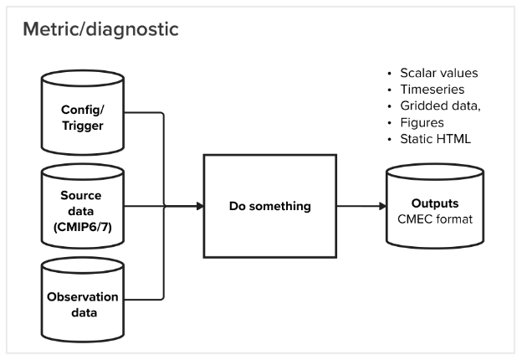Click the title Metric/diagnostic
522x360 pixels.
pyautogui.click(x=100, y=30)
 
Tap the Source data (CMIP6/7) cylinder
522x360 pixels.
pyautogui.click(x=82, y=206)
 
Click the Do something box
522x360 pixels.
pyautogui.click(x=269, y=206)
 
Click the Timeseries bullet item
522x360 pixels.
pyautogui.click(x=427, y=89)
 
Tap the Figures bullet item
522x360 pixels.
pyautogui.click(x=420, y=121)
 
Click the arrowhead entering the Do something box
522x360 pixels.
pyautogui.click(x=200, y=206)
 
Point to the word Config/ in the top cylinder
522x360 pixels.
pyautogui.click(x=82, y=109)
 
